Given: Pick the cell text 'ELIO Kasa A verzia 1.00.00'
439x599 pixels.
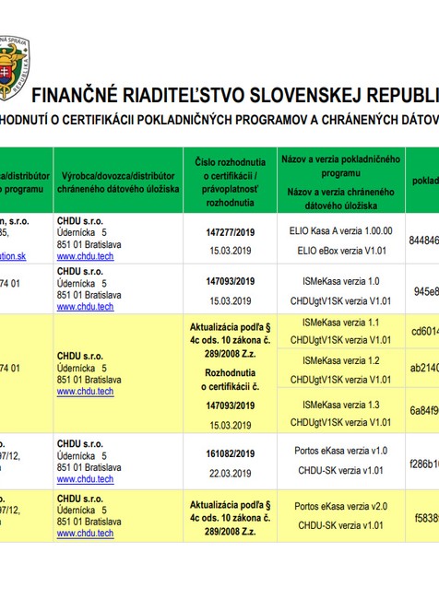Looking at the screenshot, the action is [342, 231].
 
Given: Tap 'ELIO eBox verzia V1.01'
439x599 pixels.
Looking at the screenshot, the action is [342, 250].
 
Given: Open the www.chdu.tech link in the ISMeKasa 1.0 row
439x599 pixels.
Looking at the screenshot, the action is [85, 306].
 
